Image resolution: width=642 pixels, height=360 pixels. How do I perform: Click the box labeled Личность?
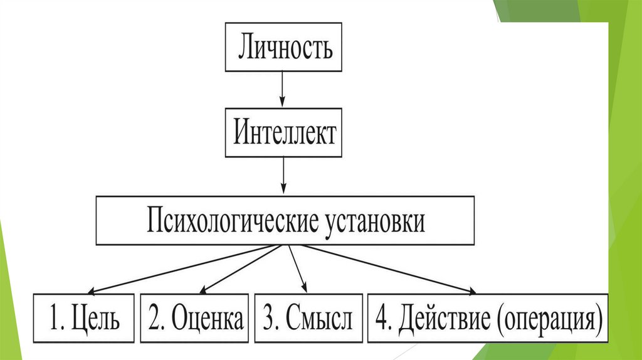click(283, 48)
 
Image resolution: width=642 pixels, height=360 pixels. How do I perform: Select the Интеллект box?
click(284, 134)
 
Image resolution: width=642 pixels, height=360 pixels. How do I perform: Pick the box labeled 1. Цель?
click(84, 319)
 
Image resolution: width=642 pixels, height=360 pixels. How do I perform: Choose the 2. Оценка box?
click(195, 319)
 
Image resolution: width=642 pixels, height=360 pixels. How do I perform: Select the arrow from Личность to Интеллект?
click(283, 88)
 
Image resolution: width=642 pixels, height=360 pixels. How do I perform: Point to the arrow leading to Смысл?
click(297, 268)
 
